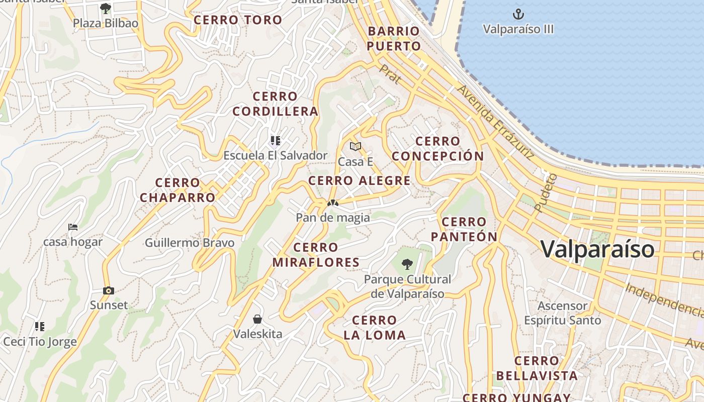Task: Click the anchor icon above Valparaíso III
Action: pos(518,14)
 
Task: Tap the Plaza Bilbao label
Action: pos(106,23)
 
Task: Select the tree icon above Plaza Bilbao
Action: pos(105,8)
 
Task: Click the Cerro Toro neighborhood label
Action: pos(238,20)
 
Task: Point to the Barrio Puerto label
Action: pos(394,39)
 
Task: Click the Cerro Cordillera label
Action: pos(275,104)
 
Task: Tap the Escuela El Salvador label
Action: pos(275,155)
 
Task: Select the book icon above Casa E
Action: pos(356,146)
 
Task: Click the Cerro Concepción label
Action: pos(437,149)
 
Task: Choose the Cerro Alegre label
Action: pos(359,181)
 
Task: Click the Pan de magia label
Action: pos(332,218)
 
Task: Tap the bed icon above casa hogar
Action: pos(73,227)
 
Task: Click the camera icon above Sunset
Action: pos(109,290)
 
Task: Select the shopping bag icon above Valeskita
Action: pos(257,319)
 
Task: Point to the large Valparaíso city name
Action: pos(597,249)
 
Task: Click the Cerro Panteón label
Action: pos(464,229)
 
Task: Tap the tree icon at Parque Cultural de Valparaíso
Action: pos(407,264)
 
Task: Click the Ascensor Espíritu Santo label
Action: pos(562,313)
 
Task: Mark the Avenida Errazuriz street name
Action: pos(496,122)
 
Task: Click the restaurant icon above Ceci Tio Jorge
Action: pos(40,327)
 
